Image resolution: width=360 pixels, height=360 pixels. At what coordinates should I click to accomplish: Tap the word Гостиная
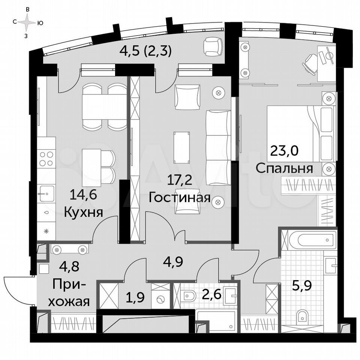coord(179,198)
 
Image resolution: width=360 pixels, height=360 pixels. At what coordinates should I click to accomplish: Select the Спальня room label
coord(284,168)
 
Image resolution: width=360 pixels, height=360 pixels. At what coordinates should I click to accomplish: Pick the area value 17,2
coord(179,180)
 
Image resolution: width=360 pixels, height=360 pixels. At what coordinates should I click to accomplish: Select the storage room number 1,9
coord(135,297)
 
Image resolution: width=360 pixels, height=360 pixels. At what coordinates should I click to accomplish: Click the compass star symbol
coord(27,22)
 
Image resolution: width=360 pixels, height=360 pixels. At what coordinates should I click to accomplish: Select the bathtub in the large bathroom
coord(312,240)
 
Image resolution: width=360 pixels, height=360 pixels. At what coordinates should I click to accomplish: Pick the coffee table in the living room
coord(181,147)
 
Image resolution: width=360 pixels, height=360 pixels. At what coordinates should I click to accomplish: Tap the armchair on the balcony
coord(213,47)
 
